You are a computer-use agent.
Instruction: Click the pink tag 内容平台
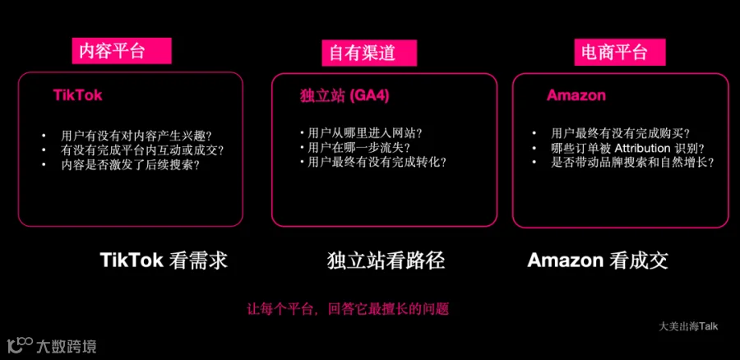coord(122,51)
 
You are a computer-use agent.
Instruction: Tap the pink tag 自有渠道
coord(369,53)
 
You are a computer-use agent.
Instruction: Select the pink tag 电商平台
coord(620,52)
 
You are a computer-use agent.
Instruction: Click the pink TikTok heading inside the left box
coord(78,95)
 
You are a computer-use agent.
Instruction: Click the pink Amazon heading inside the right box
coord(576,95)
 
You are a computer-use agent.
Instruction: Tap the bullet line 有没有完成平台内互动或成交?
coord(142,150)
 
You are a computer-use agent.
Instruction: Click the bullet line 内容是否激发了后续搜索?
coord(130,164)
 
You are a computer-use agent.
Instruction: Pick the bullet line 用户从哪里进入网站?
coord(364,132)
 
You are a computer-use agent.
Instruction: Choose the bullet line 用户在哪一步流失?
coord(358,147)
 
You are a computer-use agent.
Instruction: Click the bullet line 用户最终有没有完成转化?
coord(377,162)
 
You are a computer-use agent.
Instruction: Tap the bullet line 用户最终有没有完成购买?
coord(621,133)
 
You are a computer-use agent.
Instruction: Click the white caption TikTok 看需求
coord(164,261)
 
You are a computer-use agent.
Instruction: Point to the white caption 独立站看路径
coord(386,261)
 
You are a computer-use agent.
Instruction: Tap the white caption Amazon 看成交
coord(598,261)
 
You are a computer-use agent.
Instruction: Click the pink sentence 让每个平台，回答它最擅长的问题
coord(348,310)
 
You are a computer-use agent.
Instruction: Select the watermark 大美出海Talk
coord(688,326)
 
